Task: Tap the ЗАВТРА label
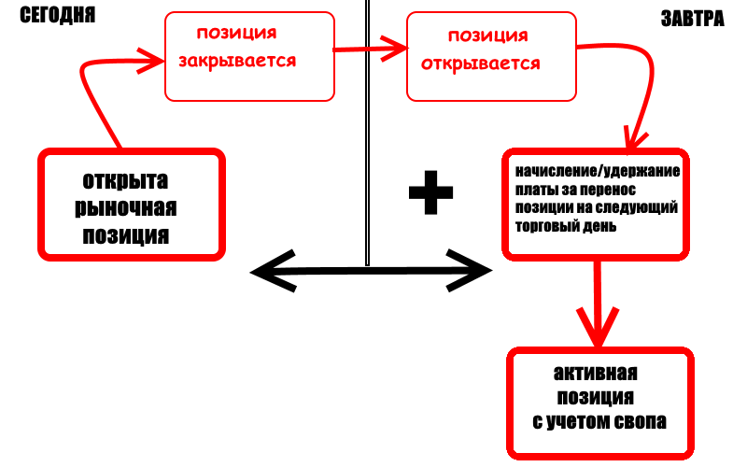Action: pyautogui.click(x=693, y=19)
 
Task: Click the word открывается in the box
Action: pyautogui.click(x=482, y=64)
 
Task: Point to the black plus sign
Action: pyautogui.click(x=431, y=192)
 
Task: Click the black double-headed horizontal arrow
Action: pyautogui.click(x=372, y=272)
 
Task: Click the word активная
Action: pyautogui.click(x=595, y=374)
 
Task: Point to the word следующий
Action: pyautogui.click(x=637, y=207)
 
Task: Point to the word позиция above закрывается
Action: pyautogui.click(x=236, y=34)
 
